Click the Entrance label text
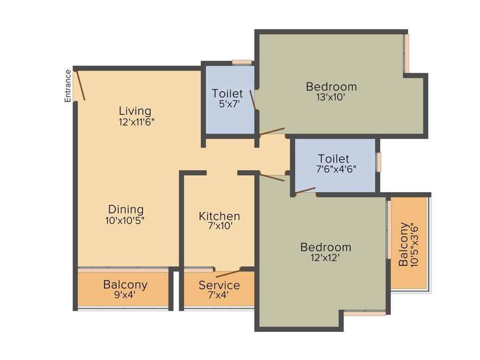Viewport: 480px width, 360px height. [68, 86]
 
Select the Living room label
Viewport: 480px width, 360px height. [135, 111]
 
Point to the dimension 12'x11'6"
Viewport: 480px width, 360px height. [136, 122]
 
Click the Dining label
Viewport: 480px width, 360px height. [126, 210]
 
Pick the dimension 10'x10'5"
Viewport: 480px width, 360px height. [125, 220]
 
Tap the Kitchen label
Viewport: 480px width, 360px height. [219, 216]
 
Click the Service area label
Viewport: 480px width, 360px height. [219, 285]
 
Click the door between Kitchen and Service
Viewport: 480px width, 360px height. [228, 273]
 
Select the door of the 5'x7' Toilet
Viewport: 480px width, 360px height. [254, 100]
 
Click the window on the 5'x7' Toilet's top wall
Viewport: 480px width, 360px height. [242, 62]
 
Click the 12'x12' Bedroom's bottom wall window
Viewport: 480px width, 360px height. [365, 313]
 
